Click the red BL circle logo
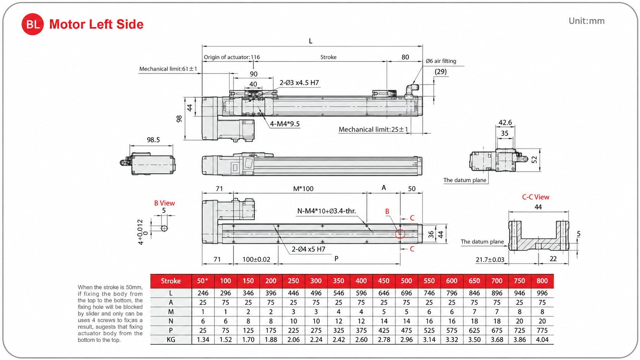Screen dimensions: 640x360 (x=33, y=24)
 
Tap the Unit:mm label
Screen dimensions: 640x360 (x=586, y=21)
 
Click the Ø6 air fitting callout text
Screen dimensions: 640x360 (x=441, y=61)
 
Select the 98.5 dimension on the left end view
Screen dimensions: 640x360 (x=153, y=140)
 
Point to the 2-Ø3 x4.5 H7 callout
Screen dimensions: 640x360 (x=299, y=83)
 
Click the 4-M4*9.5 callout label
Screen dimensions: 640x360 (x=285, y=124)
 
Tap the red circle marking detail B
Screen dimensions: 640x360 (x=400, y=234)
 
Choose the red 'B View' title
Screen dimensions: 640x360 (x=164, y=203)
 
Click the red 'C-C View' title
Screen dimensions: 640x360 (x=536, y=197)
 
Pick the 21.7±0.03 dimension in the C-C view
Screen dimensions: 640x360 (x=490, y=259)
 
